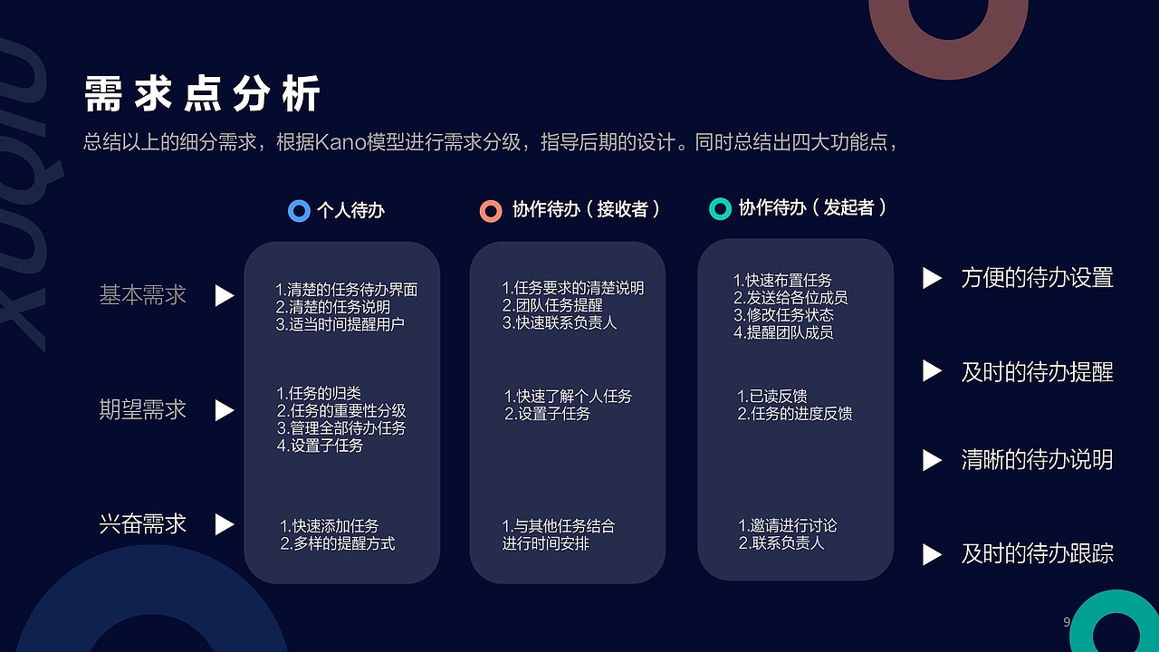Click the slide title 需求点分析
click(x=202, y=95)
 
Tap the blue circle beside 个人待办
click(x=299, y=211)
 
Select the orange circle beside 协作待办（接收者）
click(x=491, y=211)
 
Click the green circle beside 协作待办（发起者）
click(x=720, y=209)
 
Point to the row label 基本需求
click(x=142, y=295)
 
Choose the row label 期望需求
click(x=142, y=410)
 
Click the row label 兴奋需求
click(x=142, y=524)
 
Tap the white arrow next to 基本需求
click(x=224, y=296)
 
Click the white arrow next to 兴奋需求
click(x=224, y=525)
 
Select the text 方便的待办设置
click(x=1037, y=278)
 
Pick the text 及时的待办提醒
click(x=1037, y=371)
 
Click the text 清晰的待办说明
click(x=1037, y=460)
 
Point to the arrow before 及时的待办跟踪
click(x=932, y=554)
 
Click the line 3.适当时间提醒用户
click(x=340, y=324)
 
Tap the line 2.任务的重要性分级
click(x=341, y=411)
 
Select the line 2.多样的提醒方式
click(x=338, y=543)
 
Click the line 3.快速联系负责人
click(x=560, y=322)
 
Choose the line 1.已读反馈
click(x=772, y=397)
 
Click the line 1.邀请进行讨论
click(x=788, y=526)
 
